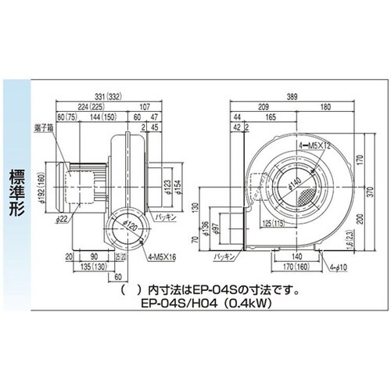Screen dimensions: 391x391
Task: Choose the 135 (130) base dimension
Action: coord(87,266)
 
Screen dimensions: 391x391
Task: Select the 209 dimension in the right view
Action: coord(264,105)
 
